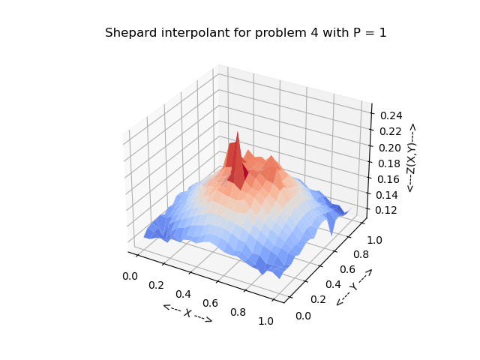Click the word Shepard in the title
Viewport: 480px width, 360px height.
point(127,34)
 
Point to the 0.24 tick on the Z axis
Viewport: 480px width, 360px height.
point(391,115)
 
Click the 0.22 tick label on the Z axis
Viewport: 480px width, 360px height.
point(391,132)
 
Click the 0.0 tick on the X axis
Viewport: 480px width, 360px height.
point(130,276)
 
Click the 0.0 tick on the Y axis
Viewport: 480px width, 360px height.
point(304,316)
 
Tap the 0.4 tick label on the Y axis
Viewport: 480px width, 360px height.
point(331,284)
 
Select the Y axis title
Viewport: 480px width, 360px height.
point(354,286)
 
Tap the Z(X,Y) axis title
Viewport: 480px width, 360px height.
point(411,158)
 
